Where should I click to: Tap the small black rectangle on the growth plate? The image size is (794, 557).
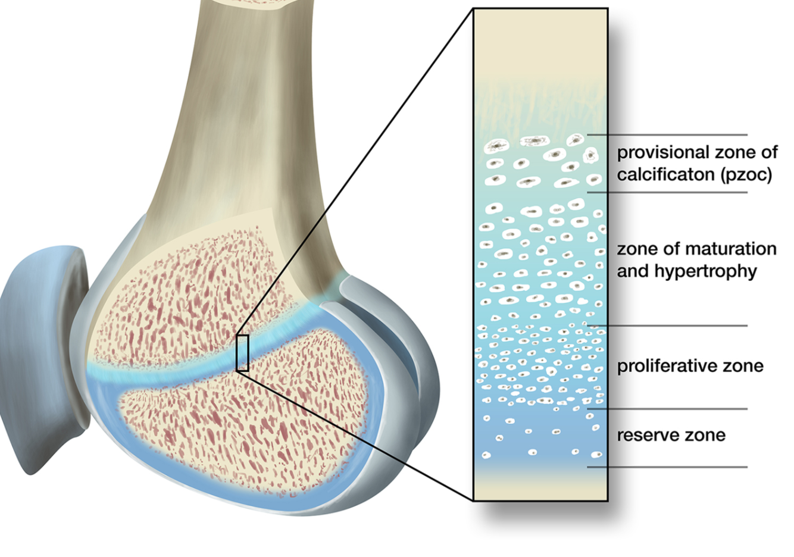pos(242,353)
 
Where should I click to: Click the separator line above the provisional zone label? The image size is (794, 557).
pos(667,135)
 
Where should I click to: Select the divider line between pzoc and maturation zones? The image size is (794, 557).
pos(667,192)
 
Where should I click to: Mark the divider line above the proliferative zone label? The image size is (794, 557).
pos(667,326)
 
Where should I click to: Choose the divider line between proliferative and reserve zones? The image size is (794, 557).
pos(667,409)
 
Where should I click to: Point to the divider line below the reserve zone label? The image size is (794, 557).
pos(667,467)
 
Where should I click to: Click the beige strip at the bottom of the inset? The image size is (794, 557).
pos(540,485)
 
